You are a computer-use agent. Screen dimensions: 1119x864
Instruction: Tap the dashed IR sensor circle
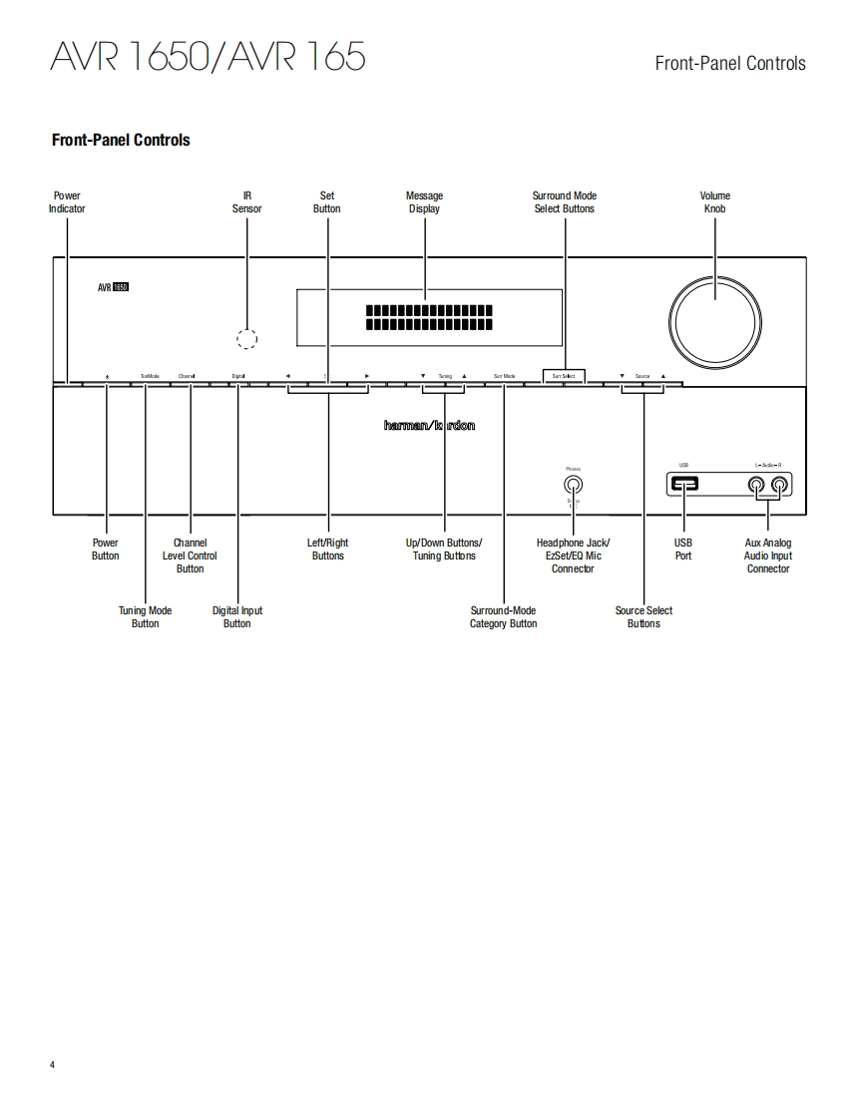click(246, 338)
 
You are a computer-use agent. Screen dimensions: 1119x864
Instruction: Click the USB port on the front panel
click(684, 485)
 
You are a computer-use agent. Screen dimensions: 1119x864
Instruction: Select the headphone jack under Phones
click(573, 485)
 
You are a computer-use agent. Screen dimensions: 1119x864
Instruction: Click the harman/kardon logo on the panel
click(429, 426)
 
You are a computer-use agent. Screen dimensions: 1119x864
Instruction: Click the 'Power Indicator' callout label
click(67, 202)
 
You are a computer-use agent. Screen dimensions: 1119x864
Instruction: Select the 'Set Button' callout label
click(327, 202)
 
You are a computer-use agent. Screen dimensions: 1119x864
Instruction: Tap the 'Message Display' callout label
click(424, 202)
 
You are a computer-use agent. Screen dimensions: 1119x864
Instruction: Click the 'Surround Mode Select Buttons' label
click(564, 202)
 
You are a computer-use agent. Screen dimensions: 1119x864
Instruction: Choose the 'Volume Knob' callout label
click(714, 202)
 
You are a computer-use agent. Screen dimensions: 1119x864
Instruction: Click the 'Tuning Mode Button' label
click(145, 617)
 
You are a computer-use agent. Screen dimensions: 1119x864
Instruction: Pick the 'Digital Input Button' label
click(237, 617)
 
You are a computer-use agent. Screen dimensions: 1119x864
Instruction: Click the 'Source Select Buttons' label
click(644, 617)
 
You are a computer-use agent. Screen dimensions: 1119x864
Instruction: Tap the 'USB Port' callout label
click(683, 550)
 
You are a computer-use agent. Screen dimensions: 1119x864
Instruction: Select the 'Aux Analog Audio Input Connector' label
click(768, 556)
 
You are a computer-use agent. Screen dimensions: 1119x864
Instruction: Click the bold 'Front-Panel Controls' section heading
click(121, 141)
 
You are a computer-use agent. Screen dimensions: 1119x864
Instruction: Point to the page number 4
click(53, 1065)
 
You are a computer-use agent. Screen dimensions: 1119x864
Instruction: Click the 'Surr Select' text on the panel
click(564, 376)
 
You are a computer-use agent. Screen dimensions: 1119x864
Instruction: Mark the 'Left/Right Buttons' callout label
click(327, 550)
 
